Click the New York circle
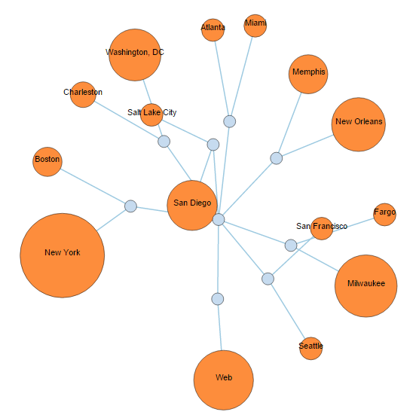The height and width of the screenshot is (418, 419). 63,255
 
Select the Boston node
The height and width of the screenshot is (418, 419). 47,162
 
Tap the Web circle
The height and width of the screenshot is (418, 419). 223,380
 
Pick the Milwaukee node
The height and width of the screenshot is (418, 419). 365,285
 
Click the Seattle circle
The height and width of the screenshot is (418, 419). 310,348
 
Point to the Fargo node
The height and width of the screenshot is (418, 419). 384,215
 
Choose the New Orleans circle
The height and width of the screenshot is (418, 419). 359,124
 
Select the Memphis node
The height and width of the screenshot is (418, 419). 308,75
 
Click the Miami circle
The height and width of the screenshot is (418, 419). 255,26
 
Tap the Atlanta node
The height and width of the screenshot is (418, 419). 213,30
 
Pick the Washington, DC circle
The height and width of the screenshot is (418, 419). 135,55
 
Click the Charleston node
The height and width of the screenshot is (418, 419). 83,95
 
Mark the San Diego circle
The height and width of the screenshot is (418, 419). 192,205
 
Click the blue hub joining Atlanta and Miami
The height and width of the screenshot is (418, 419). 230,121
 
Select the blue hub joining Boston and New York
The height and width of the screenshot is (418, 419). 130,206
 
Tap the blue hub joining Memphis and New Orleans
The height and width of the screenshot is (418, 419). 277,158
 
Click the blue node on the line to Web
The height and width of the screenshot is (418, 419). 218,299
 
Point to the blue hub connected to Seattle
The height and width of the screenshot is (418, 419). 268,279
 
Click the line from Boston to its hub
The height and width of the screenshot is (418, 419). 93,186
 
